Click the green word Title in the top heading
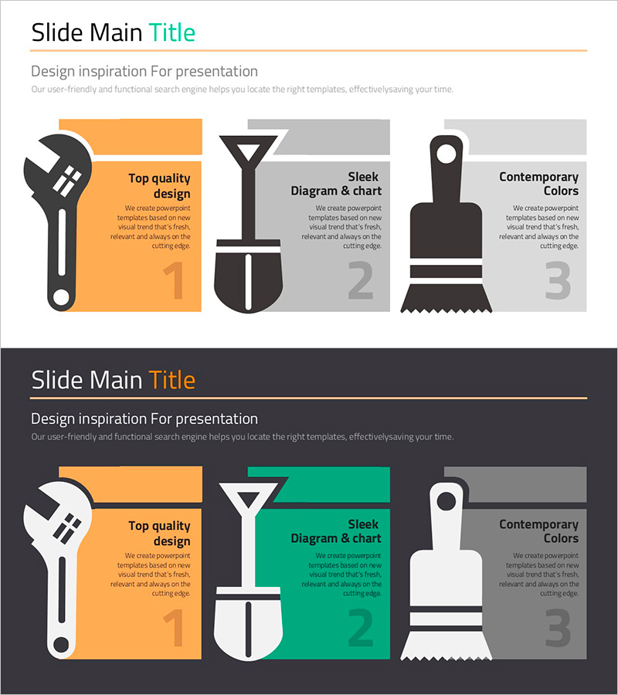tap(172, 32)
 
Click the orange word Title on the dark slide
tap(172, 380)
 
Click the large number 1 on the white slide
tap(175, 280)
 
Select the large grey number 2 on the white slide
tap(361, 280)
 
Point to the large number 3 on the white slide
tap(558, 280)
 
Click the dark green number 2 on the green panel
tap(361, 627)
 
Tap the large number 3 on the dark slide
tap(558, 628)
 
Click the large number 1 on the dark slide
tap(175, 628)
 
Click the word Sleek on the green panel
tap(363, 524)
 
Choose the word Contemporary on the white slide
tap(538, 178)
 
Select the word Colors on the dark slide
tap(562, 538)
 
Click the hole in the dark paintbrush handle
tap(446, 154)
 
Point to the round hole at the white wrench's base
tap(61, 645)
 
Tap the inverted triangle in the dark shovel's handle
tap(248, 152)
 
